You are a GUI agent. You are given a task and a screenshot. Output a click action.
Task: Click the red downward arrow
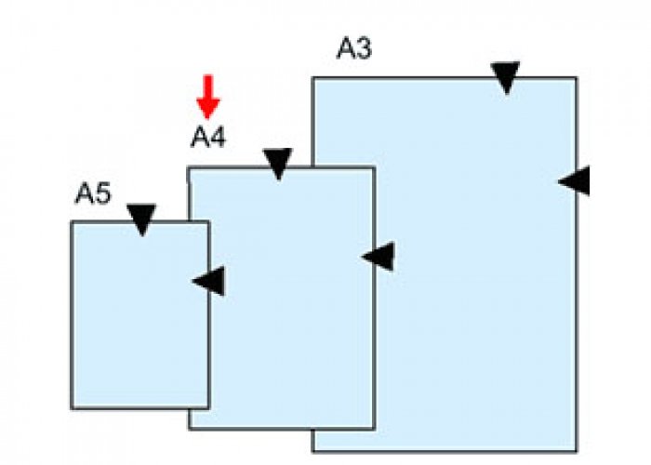click(208, 97)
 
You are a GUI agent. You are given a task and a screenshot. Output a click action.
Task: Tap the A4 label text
click(208, 138)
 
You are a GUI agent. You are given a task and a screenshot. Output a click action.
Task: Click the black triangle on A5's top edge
click(141, 219)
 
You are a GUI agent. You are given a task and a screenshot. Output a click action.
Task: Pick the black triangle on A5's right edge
click(210, 280)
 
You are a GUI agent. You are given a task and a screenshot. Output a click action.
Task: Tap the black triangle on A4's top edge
click(277, 163)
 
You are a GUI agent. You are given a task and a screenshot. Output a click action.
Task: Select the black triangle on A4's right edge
click(379, 257)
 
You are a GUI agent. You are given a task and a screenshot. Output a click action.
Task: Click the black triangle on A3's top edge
click(505, 76)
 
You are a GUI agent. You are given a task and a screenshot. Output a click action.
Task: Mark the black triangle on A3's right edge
click(576, 180)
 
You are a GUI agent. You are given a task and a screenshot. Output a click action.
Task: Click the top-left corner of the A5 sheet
click(72, 222)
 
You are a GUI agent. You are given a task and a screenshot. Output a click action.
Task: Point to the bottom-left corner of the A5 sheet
click(72, 408)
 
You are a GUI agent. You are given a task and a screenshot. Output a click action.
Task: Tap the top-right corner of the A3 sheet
click(576, 78)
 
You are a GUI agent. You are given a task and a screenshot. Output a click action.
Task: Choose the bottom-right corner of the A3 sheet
click(576, 451)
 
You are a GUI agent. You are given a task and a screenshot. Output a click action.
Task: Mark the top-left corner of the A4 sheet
click(189, 168)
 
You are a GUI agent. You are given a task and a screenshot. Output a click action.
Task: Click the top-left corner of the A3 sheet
click(312, 78)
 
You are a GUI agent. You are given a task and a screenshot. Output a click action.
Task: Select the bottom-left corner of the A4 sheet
click(189, 429)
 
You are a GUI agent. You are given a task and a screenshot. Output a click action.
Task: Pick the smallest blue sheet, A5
click(130, 335)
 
